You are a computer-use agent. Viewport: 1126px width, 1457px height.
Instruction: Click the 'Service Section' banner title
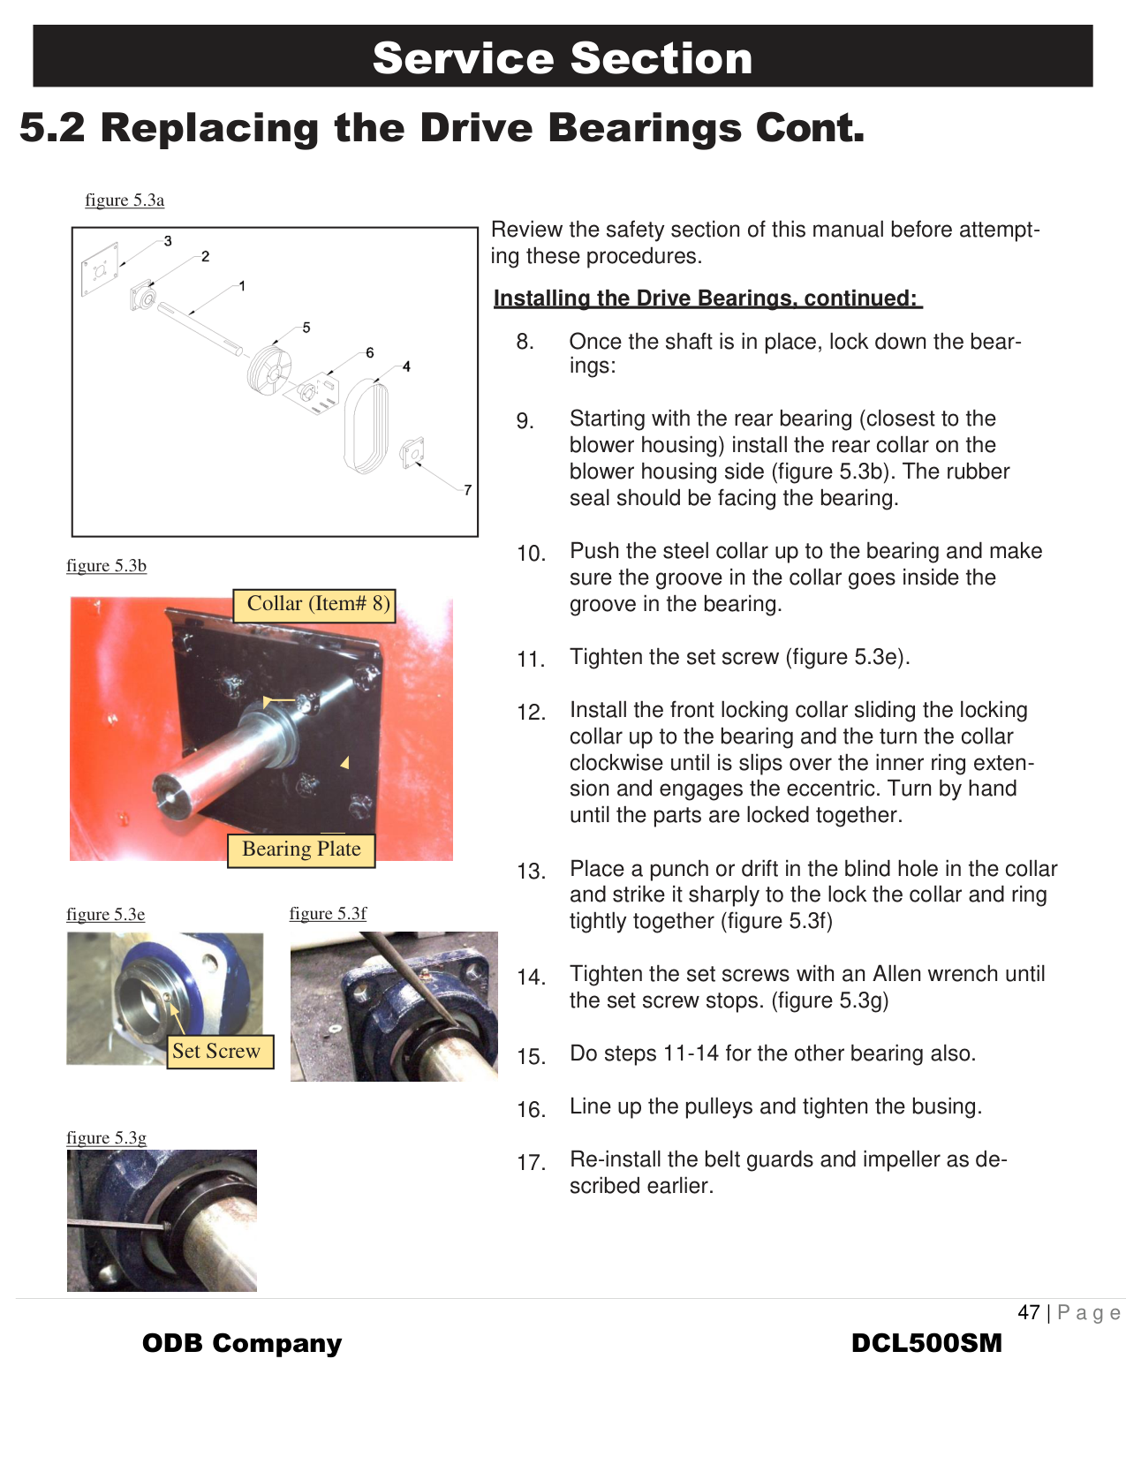point(563,58)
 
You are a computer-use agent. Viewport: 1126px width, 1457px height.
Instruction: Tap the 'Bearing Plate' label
point(301,849)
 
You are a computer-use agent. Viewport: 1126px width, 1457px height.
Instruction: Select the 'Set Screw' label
point(216,1051)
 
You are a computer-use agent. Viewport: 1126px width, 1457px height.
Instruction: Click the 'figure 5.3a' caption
point(125,200)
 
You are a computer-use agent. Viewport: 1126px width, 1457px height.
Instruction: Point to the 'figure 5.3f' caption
point(328,914)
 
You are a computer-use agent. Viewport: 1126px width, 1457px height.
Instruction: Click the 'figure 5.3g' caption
point(106,1138)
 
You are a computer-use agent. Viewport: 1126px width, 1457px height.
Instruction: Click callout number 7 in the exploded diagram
point(467,490)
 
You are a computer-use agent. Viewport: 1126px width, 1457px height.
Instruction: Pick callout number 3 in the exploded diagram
point(168,241)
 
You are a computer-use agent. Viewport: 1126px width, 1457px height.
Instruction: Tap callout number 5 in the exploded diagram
point(306,328)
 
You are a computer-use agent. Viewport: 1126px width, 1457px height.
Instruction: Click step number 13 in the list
point(531,872)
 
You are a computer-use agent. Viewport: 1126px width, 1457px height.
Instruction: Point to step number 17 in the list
point(531,1163)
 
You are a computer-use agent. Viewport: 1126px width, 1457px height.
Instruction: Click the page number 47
point(1029,1312)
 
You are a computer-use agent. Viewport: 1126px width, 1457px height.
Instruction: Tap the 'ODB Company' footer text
point(242,1343)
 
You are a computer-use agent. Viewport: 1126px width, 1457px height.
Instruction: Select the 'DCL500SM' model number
point(926,1343)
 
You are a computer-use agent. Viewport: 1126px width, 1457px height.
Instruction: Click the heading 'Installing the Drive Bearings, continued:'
point(707,298)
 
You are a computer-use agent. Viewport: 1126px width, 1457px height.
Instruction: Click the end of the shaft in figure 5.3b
point(168,792)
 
